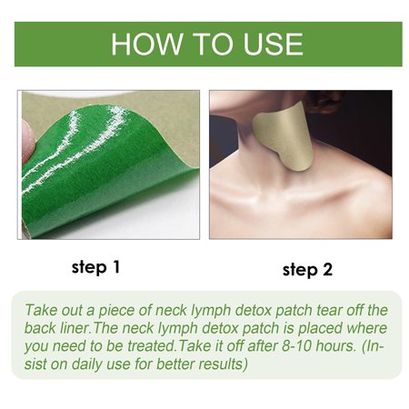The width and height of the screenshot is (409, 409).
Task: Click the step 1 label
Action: (95, 267)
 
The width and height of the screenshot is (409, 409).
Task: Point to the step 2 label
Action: (308, 269)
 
